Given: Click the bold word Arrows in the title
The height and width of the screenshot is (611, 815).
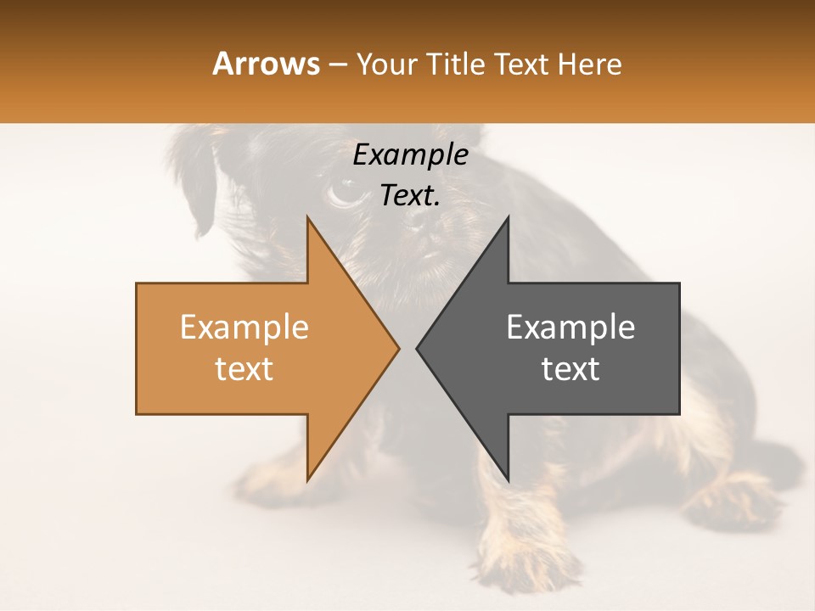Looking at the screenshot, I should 267,64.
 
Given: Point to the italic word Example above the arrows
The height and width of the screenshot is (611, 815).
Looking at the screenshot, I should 410,154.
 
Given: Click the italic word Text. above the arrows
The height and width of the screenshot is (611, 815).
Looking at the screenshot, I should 410,195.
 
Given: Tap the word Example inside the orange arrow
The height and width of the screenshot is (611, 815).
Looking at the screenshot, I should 244,328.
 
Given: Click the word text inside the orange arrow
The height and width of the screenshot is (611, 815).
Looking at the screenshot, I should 244,369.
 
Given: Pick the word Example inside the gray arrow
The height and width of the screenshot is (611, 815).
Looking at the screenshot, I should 570,328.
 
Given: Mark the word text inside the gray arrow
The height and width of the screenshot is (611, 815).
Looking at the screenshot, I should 570,369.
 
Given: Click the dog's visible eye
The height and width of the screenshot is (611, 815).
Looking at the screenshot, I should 343,190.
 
